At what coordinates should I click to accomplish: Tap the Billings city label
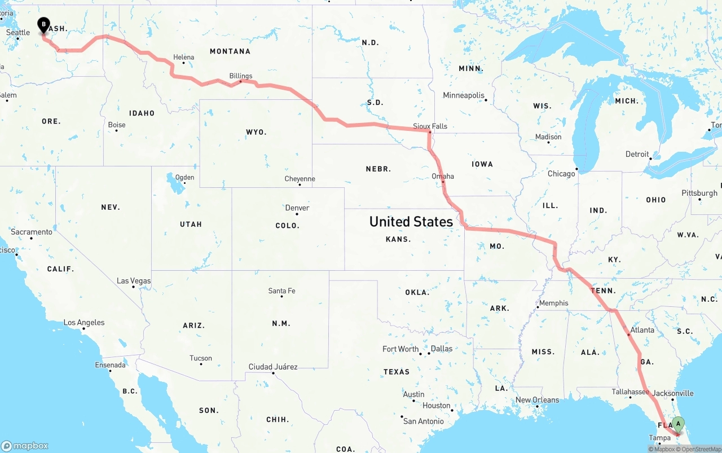(x=241, y=76)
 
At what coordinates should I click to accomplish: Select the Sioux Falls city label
(x=430, y=126)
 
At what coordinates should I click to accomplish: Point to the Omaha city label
(x=443, y=176)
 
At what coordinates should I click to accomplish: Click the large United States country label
(x=411, y=222)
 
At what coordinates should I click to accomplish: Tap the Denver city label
(x=297, y=208)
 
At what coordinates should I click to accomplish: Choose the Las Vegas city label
(x=134, y=280)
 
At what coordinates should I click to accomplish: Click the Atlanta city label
(x=642, y=330)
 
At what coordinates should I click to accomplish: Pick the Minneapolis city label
(x=464, y=95)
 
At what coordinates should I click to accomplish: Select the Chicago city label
(x=561, y=174)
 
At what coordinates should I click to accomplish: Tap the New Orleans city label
(x=537, y=400)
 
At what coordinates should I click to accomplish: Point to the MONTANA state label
(x=230, y=51)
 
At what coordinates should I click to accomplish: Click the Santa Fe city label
(x=281, y=291)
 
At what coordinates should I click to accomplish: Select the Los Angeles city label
(x=84, y=323)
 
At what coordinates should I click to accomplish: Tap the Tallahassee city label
(x=630, y=392)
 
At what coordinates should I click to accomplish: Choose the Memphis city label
(x=554, y=303)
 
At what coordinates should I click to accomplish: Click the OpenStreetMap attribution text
(x=701, y=449)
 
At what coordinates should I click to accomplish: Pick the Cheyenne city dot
(x=300, y=184)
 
